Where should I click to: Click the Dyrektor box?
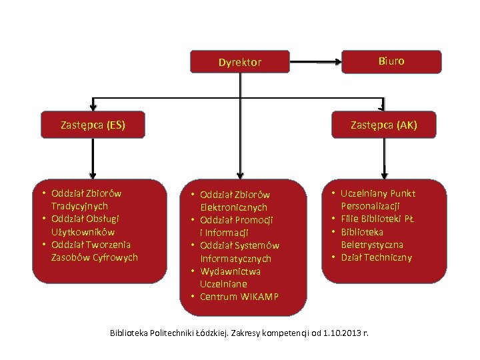240,62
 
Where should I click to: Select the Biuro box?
391,61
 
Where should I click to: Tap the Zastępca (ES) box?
93,124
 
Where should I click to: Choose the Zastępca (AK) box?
384,124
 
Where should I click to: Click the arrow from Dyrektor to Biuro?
315,63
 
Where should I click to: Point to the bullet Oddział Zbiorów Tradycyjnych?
87,200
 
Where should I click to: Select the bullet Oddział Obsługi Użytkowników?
87,225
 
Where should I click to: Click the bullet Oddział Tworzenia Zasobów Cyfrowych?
93,251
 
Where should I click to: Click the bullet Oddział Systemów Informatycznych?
239,252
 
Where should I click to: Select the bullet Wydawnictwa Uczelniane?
230,277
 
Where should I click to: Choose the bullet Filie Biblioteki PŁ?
377,219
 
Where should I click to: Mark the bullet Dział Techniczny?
376,258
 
